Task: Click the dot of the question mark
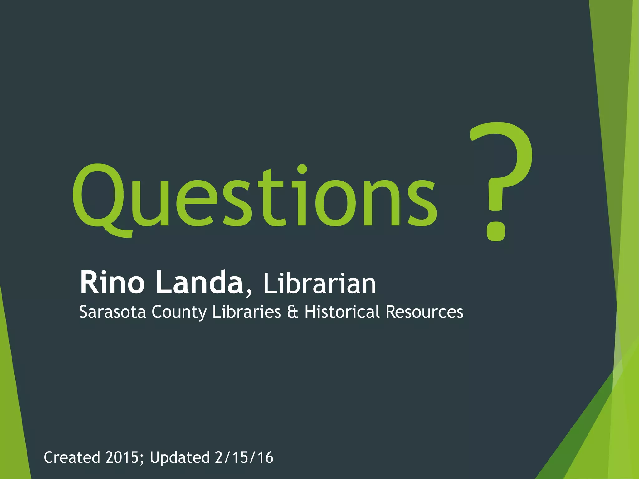496,231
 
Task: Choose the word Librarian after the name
319,284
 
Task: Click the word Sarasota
113,312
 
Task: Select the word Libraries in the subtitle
246,312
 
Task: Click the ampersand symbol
292,312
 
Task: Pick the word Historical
342,312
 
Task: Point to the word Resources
425,312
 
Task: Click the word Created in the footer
72,457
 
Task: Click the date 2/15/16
244,457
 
